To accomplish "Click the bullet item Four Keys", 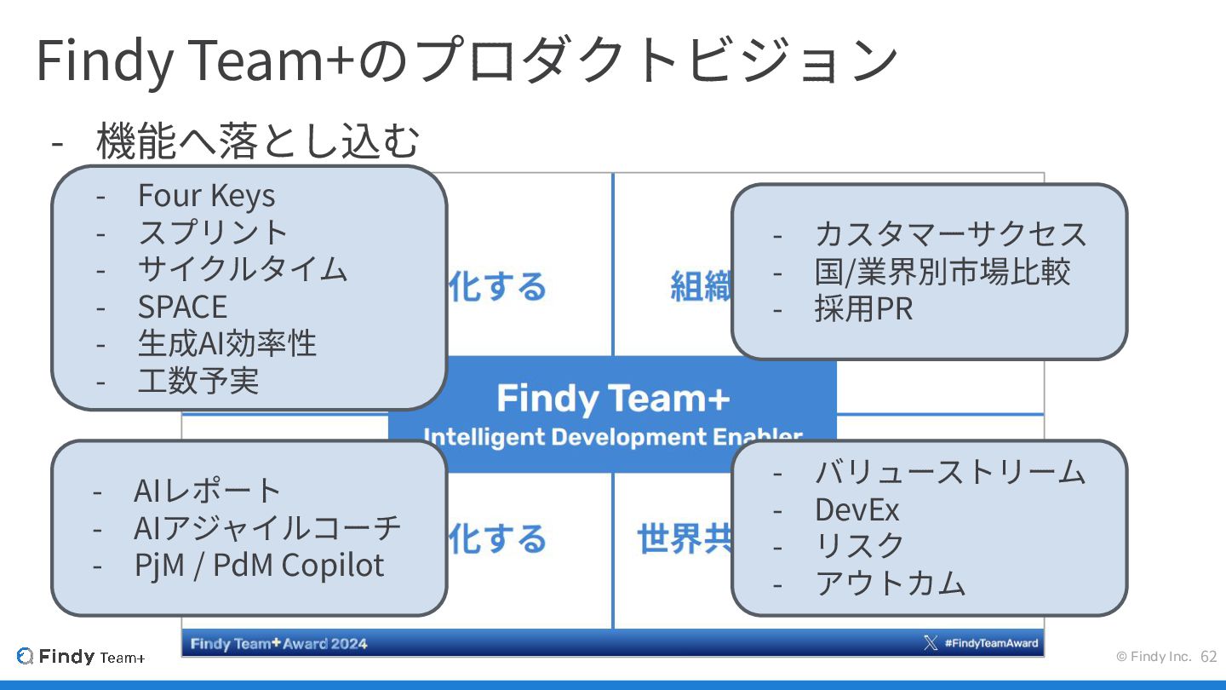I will pos(206,196).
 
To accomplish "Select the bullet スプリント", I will pos(213,233).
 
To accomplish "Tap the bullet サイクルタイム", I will pos(243,269).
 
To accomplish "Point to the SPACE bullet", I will pos(182,307).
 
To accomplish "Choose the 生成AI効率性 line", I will pos(226,343).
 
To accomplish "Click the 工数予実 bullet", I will pos(198,381).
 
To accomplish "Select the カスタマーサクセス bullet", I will pos(950,233).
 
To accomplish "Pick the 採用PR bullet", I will pos(863,308).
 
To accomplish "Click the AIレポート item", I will pos(207,491).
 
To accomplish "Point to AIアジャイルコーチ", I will pos(266,528).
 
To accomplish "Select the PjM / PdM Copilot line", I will pos(259,566).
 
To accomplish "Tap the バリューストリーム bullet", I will pos(949,472).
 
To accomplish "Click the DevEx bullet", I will pos(856,509).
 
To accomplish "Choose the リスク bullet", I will pos(859,546).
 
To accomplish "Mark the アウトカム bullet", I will pos(890,584).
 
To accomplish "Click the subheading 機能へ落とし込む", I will pos(258,141).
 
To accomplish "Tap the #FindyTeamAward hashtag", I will pos(991,643).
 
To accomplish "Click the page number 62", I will pos(1208,657).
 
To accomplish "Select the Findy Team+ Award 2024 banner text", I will pos(278,643).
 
